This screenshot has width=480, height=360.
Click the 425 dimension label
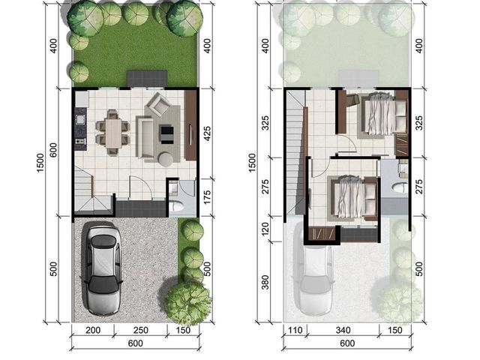[208, 133]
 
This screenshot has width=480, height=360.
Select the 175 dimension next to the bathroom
[208, 197]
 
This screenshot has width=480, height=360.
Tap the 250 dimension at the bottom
[141, 330]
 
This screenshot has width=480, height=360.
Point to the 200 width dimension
[93, 330]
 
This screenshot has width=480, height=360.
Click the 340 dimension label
[343, 330]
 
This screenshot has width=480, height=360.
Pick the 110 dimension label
[295, 330]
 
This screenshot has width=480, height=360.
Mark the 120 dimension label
[265, 229]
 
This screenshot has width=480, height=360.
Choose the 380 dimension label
[265, 282]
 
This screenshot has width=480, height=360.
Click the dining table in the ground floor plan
[114, 133]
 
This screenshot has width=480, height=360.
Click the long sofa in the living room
[145, 137]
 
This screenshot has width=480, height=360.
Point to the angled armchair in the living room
[160, 104]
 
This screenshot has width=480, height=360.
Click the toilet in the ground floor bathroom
[177, 206]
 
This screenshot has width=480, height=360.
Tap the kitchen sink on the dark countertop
[80, 118]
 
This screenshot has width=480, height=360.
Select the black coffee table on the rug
[166, 134]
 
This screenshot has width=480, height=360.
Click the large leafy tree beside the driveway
[187, 303]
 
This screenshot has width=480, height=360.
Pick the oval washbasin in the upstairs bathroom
[400, 187]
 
